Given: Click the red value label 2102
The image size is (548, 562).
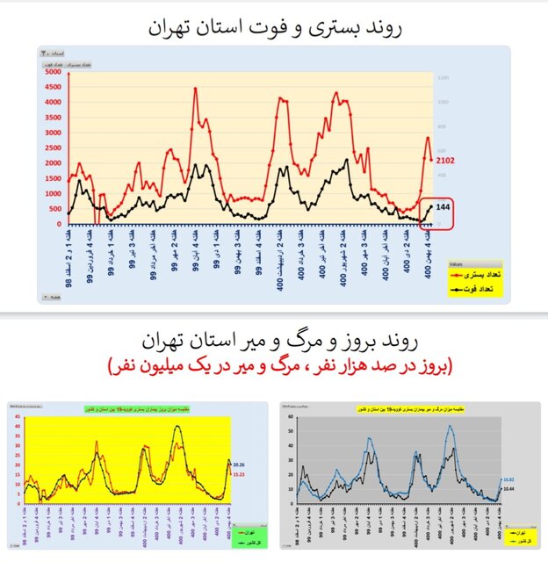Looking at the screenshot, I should tap(444, 160).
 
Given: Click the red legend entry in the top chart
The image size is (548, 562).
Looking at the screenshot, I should tap(473, 275).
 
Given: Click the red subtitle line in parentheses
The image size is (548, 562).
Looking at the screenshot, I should tap(274, 365).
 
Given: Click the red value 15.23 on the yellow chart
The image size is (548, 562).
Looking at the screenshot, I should tap(242, 474).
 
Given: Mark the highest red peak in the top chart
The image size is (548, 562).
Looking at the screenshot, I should tap(195, 88).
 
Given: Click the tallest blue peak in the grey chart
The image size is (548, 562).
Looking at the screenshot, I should tap(451, 427).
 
